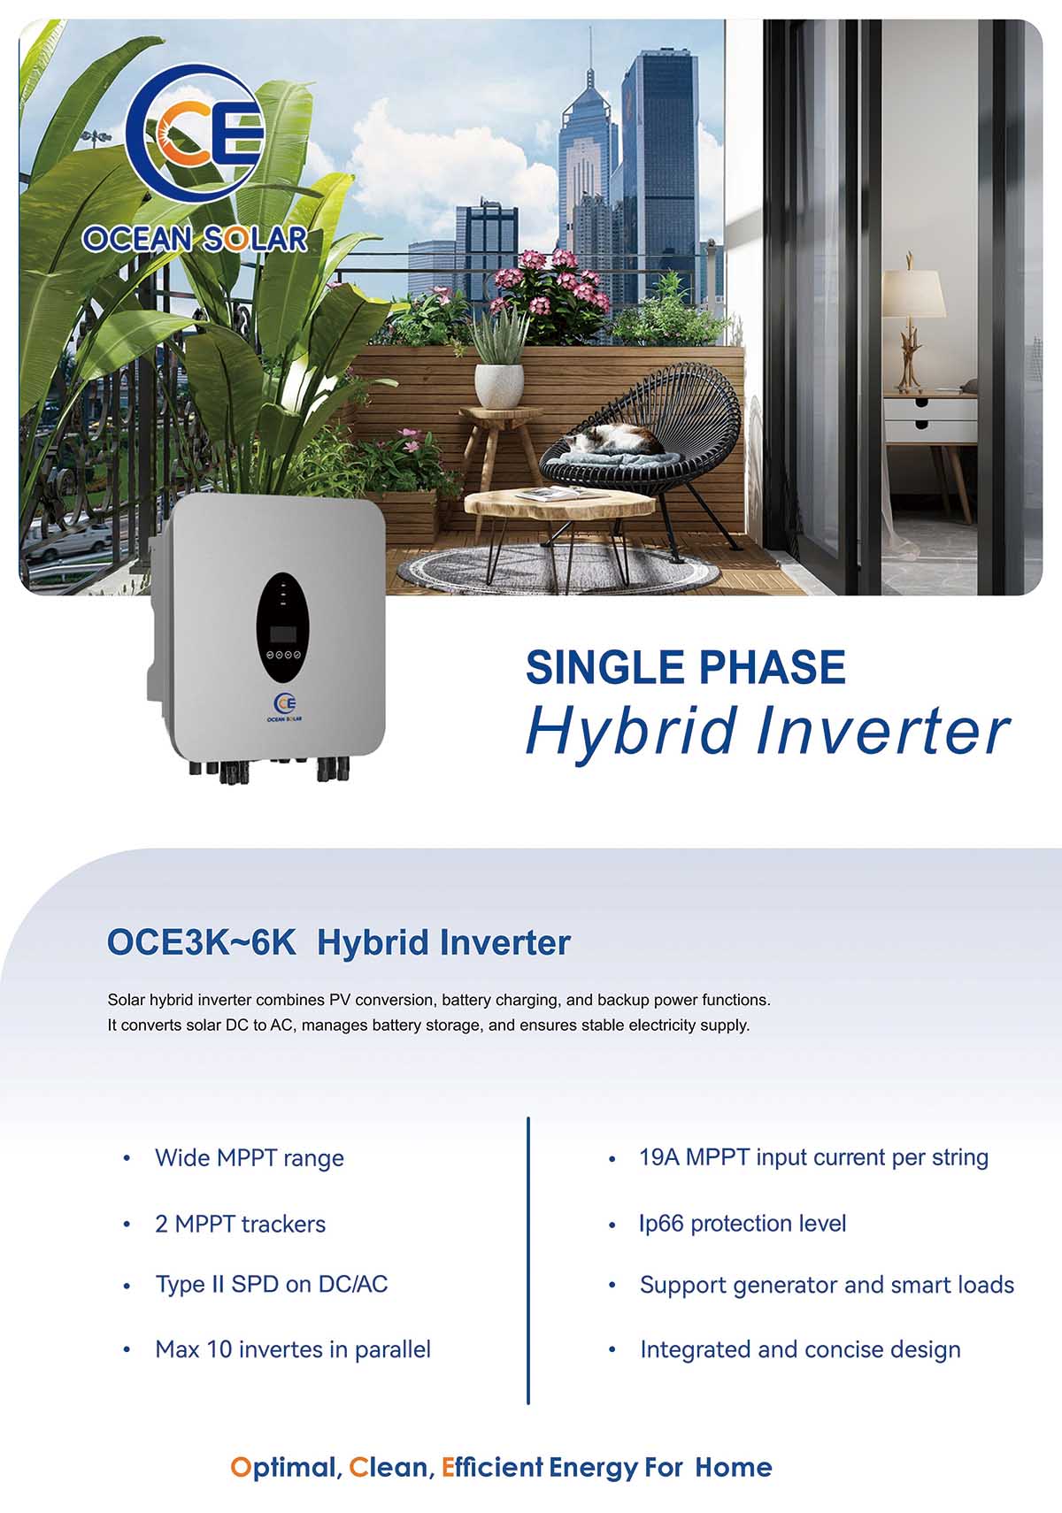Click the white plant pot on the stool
(x=498, y=386)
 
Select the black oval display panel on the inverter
(x=282, y=627)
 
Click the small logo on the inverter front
(x=284, y=708)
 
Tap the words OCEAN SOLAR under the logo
(x=195, y=239)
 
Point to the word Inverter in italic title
(x=883, y=731)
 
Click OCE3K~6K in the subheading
(x=201, y=942)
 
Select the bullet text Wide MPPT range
(x=250, y=1157)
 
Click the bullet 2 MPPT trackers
(x=240, y=1224)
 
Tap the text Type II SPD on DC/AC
(x=272, y=1284)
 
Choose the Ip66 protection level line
(x=743, y=1224)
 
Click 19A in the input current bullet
(x=658, y=1157)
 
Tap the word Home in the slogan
(x=733, y=1467)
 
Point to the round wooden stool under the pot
(x=498, y=446)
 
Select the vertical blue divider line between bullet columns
(x=528, y=1260)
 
